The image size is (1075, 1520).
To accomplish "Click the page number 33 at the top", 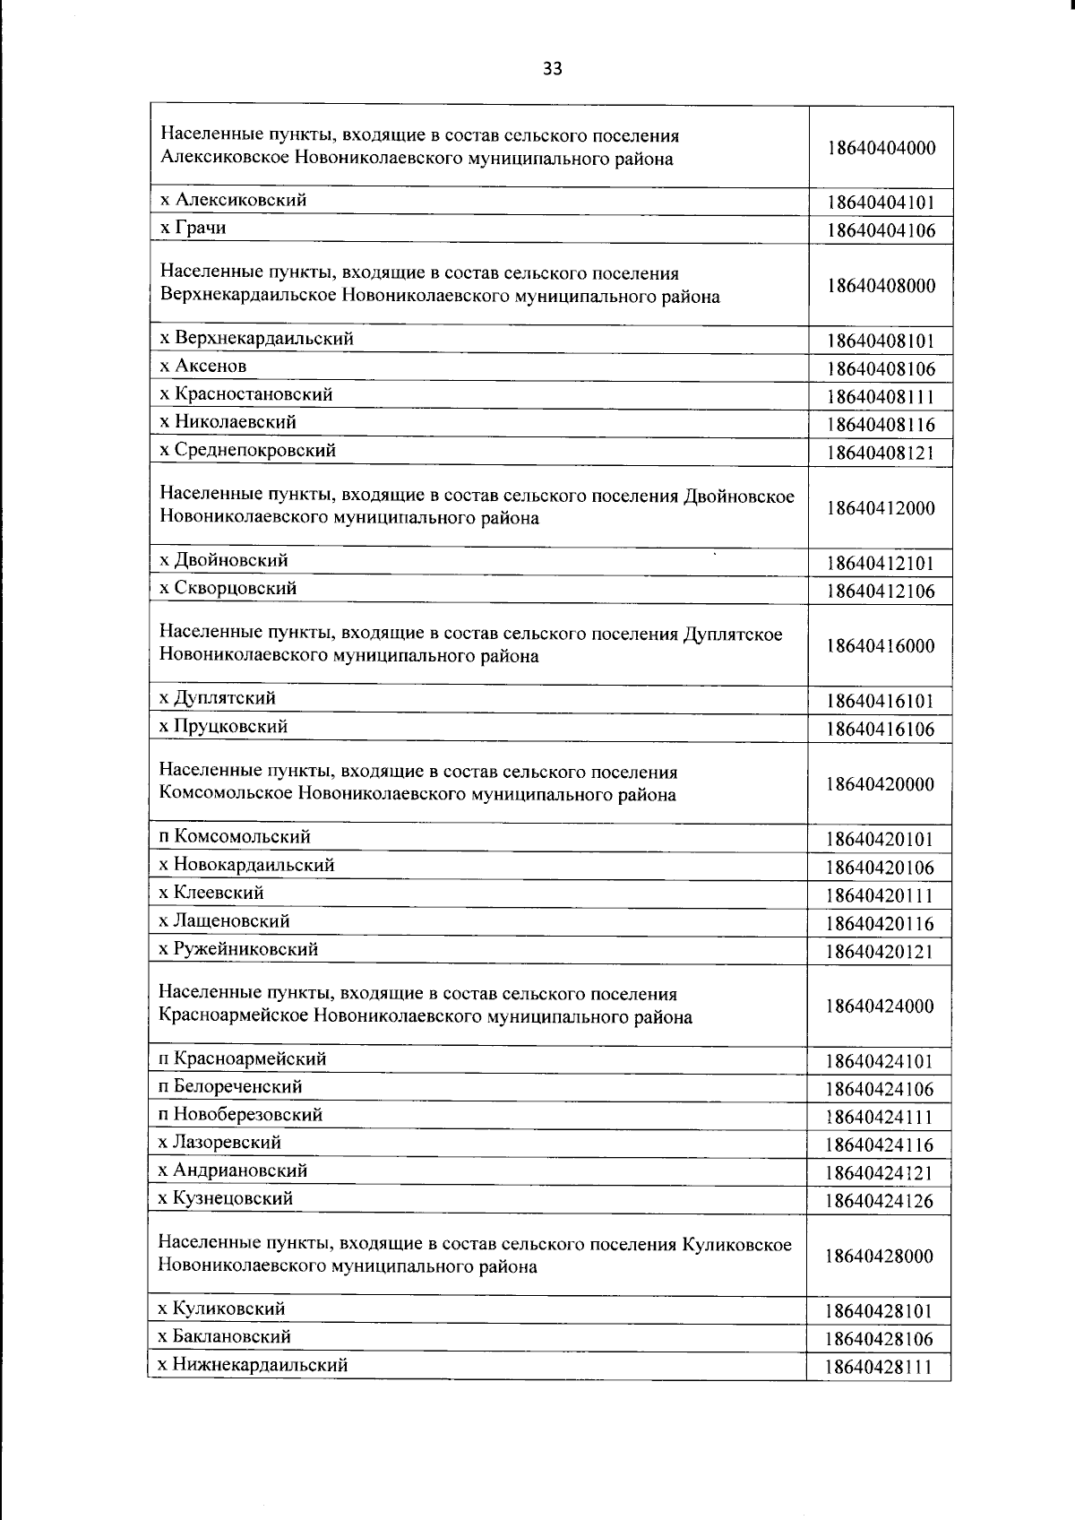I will click(x=552, y=69).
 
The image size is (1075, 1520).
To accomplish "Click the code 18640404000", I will click(x=881, y=148).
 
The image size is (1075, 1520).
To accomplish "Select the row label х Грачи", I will click(x=193, y=228).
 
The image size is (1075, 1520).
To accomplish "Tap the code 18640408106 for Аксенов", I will click(x=881, y=368).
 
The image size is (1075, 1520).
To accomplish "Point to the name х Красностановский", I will click(x=246, y=394).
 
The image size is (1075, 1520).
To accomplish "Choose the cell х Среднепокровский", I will click(x=247, y=450).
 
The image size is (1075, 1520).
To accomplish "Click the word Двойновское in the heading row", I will click(x=738, y=496).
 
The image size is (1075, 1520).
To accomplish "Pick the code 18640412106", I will click(x=881, y=591).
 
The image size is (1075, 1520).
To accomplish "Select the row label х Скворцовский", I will click(x=228, y=588).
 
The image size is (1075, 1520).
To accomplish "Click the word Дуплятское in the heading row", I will click(x=732, y=634).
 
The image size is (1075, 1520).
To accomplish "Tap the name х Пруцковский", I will click(x=223, y=726).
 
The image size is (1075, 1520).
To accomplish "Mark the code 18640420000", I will click(x=881, y=784).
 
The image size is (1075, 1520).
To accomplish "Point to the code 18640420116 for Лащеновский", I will click(x=881, y=923).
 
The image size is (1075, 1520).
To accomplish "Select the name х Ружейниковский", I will click(x=238, y=948).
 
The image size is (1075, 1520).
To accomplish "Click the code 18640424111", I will click(x=881, y=1117).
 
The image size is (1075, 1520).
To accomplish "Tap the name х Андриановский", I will click(x=233, y=1170).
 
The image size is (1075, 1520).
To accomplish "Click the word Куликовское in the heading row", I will click(x=736, y=1244).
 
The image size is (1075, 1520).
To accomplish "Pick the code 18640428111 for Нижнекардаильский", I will click(x=881, y=1367).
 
